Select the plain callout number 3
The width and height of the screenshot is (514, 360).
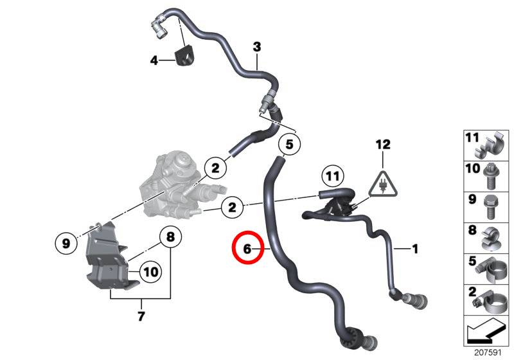coord(257,47)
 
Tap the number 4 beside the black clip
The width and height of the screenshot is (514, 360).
coord(154,60)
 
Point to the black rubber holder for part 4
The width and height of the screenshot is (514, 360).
coord(186,57)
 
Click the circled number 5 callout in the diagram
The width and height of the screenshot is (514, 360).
coord(289,144)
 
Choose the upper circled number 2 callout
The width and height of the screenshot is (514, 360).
coord(215,168)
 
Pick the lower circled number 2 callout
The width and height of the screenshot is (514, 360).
coord(232,207)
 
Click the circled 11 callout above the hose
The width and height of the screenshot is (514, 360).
coord(333,177)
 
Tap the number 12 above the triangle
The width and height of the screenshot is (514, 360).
coord(383,144)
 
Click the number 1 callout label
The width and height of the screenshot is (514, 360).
coord(415,249)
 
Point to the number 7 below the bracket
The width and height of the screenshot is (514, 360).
coord(141,316)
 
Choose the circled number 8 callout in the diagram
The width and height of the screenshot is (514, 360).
coord(170,237)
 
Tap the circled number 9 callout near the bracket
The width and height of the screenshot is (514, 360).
coord(66,243)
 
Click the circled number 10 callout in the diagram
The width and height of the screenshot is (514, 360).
coord(151,272)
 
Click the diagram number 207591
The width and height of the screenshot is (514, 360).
coord(488,353)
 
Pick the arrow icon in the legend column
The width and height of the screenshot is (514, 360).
coord(486,331)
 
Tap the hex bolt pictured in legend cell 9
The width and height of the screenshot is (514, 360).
coord(490,208)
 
